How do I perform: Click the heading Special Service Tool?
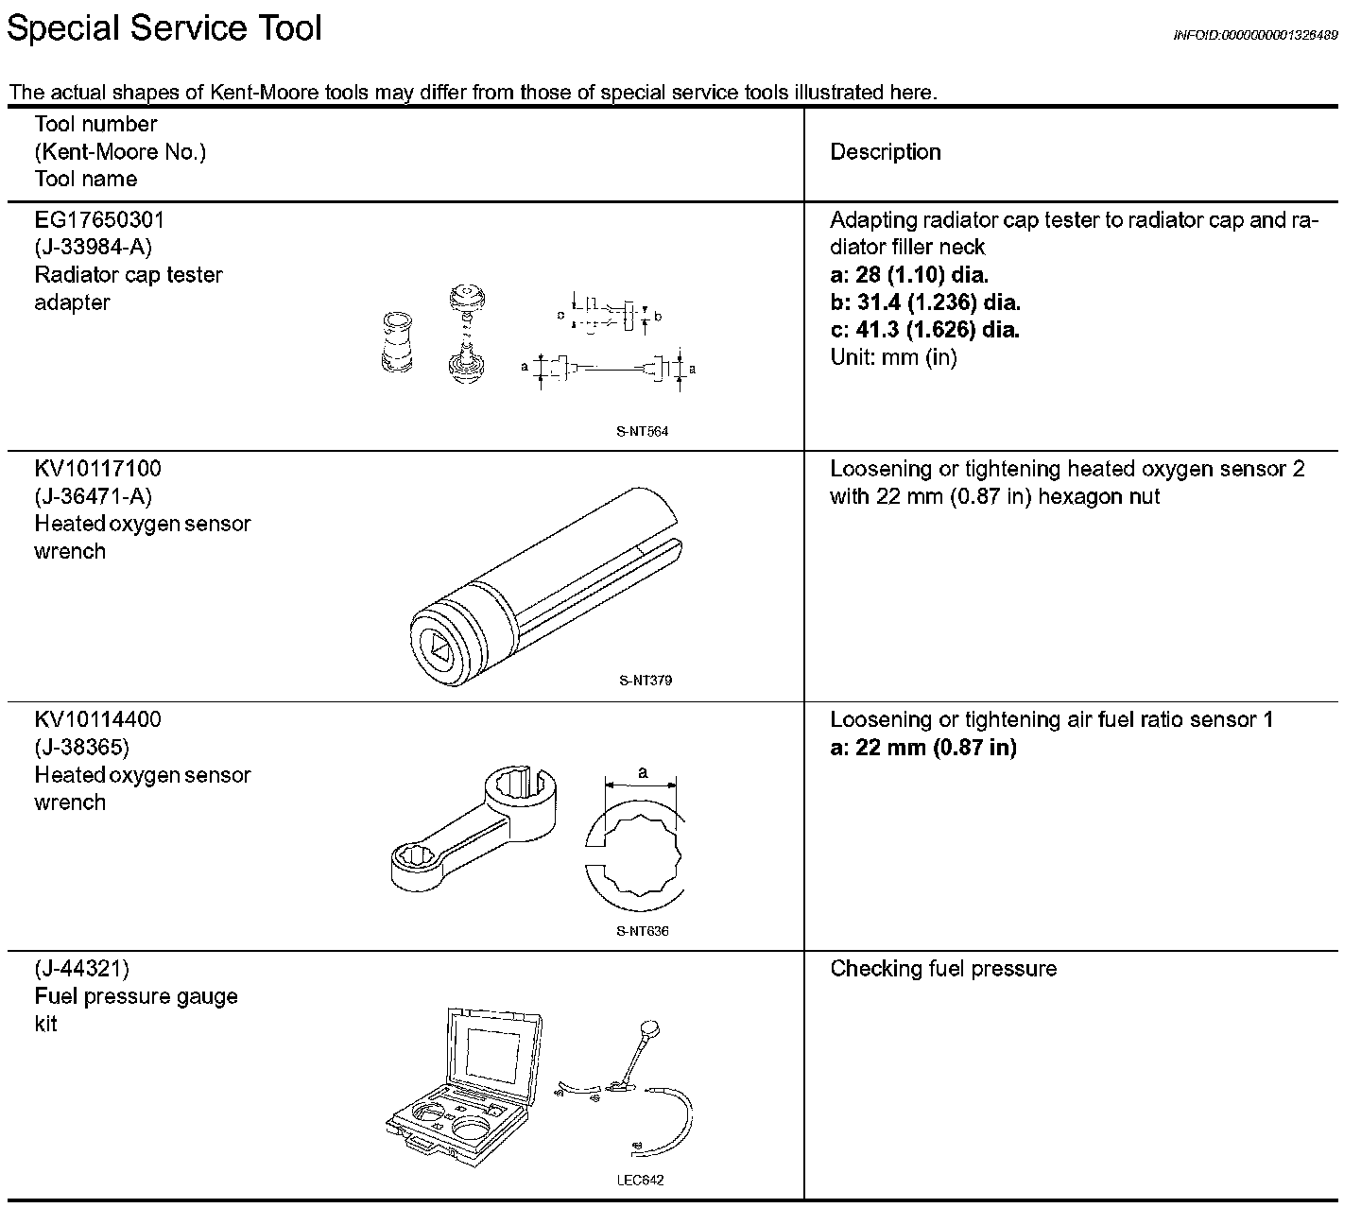pyautogui.click(x=164, y=27)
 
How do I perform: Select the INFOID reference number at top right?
pyautogui.click(x=1255, y=35)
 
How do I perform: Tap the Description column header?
pyautogui.click(x=885, y=152)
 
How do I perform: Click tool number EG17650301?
pyautogui.click(x=99, y=220)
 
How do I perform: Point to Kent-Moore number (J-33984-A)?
pyautogui.click(x=93, y=248)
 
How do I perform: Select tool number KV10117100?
pyautogui.click(x=97, y=469)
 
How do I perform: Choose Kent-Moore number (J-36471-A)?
pyautogui.click(x=93, y=496)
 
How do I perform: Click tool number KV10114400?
pyautogui.click(x=97, y=719)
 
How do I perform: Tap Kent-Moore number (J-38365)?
pyautogui.click(x=81, y=748)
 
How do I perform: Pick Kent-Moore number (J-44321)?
pyautogui.click(x=81, y=969)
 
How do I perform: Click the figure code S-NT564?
pyautogui.click(x=643, y=432)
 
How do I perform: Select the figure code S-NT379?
pyautogui.click(x=646, y=681)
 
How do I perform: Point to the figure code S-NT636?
pyautogui.click(x=643, y=931)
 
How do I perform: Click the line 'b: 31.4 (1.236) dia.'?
pyautogui.click(x=924, y=302)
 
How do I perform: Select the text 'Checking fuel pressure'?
pyautogui.click(x=943, y=969)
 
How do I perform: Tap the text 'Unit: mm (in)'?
pyautogui.click(x=893, y=357)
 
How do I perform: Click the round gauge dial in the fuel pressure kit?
pyautogui.click(x=650, y=1028)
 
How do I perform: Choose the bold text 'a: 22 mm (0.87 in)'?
pyautogui.click(x=922, y=748)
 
